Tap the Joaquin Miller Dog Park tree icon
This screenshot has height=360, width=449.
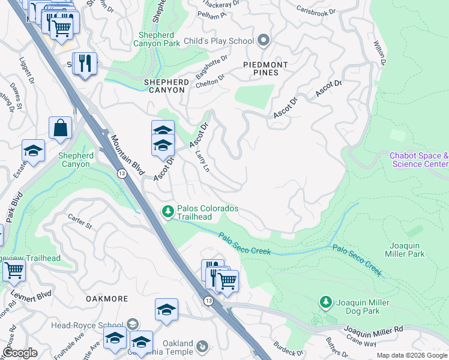click(325, 302)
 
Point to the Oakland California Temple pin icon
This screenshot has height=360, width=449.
click(203, 346)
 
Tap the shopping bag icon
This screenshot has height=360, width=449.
click(61, 128)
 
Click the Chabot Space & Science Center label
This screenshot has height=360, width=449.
click(418, 160)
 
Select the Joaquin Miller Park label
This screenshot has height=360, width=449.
click(407, 249)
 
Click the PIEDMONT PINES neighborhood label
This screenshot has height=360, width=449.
click(265, 68)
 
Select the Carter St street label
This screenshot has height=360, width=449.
click(79, 221)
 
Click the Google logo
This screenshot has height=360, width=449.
click(20, 353)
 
